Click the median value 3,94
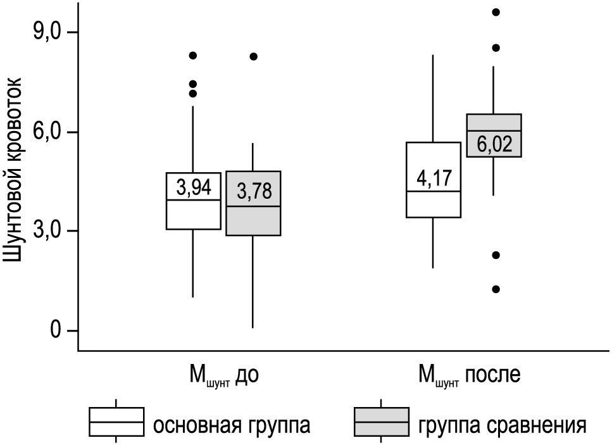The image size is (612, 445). [x=194, y=187]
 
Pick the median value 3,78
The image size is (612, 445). [x=253, y=191]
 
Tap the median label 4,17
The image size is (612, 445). [x=434, y=178]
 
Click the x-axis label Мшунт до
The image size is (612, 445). [x=224, y=375]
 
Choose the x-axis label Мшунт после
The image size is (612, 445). [x=469, y=375]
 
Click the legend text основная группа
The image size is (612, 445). [x=232, y=423]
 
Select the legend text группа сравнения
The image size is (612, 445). [x=501, y=423]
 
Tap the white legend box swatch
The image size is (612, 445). [x=116, y=422]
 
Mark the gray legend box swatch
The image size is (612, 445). [x=381, y=422]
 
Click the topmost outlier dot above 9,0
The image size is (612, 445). [x=496, y=12]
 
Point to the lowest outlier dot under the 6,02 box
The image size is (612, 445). [x=496, y=289]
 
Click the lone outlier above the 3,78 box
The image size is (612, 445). [x=253, y=56]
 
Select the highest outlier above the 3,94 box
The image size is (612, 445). [x=193, y=56]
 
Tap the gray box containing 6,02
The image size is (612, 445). [x=494, y=135]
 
